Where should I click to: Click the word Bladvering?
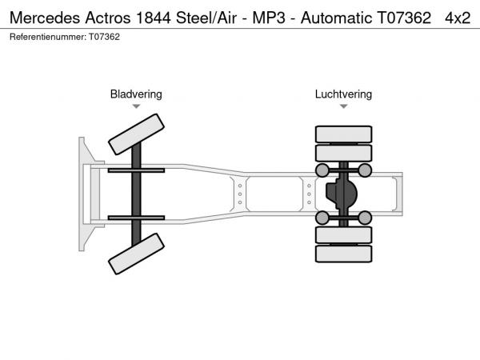coord(136,94)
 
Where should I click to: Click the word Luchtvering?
coord(343,94)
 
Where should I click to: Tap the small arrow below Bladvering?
coord(136,106)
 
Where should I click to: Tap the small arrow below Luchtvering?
coord(343,106)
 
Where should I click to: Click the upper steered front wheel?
coord(136,134)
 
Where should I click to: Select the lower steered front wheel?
coord(136,255)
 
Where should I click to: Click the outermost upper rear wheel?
coord(343,134)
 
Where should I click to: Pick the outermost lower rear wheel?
coord(343,254)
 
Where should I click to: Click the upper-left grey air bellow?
coord(322,170)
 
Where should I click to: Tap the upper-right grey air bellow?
coord(365,170)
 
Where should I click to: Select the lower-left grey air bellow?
coord(322,218)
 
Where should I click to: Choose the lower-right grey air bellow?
coord(365,218)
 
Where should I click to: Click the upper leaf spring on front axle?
coord(136,170)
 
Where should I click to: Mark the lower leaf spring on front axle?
coord(136,218)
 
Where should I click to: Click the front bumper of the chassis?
coord(82,194)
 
